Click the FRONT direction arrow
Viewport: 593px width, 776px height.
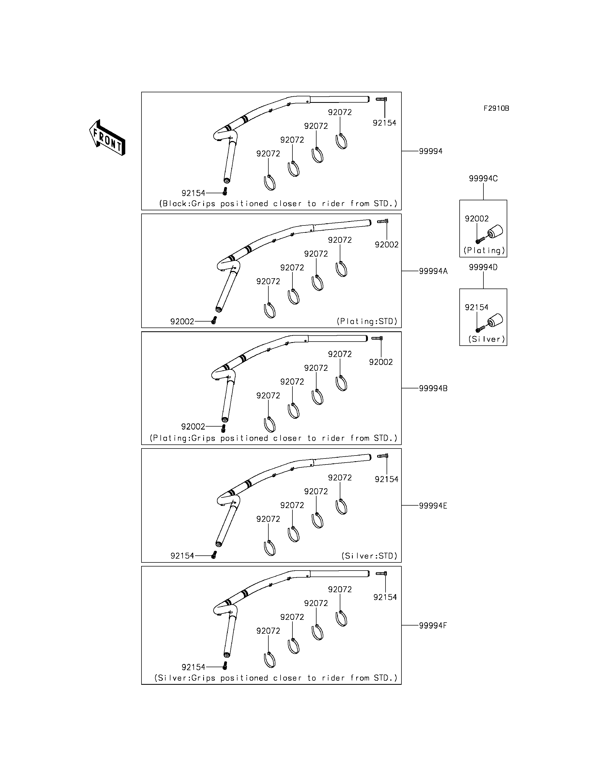click(x=107, y=138)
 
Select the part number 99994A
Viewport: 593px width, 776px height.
click(x=433, y=271)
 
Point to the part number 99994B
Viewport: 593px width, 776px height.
click(x=433, y=388)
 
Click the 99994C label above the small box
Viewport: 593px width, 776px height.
click(x=483, y=178)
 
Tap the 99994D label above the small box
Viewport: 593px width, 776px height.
click(x=483, y=267)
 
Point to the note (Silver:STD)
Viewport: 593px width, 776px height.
click(x=369, y=556)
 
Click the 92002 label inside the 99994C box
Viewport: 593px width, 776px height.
click(x=476, y=219)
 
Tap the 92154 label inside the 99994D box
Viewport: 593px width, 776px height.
click(x=476, y=307)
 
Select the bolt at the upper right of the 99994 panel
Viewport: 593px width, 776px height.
click(x=381, y=99)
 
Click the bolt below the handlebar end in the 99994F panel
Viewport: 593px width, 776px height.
click(x=225, y=666)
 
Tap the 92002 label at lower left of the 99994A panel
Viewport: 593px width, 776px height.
click(x=182, y=322)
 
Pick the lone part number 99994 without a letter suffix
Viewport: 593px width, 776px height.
click(x=431, y=151)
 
